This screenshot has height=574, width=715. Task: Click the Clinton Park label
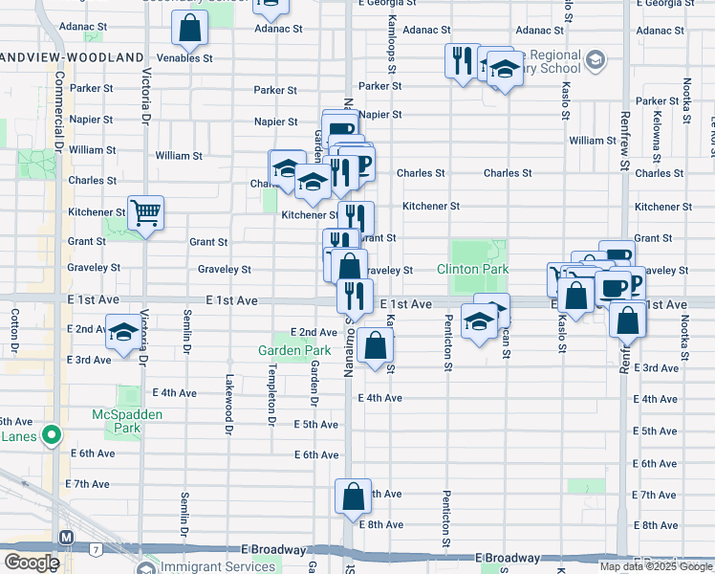pyautogui.click(x=472, y=270)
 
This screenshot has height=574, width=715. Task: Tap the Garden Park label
pyautogui.click(x=293, y=350)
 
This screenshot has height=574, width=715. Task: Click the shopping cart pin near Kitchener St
pyautogui.click(x=145, y=212)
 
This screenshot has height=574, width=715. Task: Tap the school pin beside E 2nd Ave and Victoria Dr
pyautogui.click(x=122, y=332)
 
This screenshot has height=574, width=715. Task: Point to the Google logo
pyautogui.click(x=32, y=563)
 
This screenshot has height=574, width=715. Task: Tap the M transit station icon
pyautogui.click(x=66, y=538)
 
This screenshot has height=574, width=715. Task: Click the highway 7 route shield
pyautogui.click(x=97, y=549)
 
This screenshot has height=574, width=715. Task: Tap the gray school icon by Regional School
pyautogui.click(x=595, y=61)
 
